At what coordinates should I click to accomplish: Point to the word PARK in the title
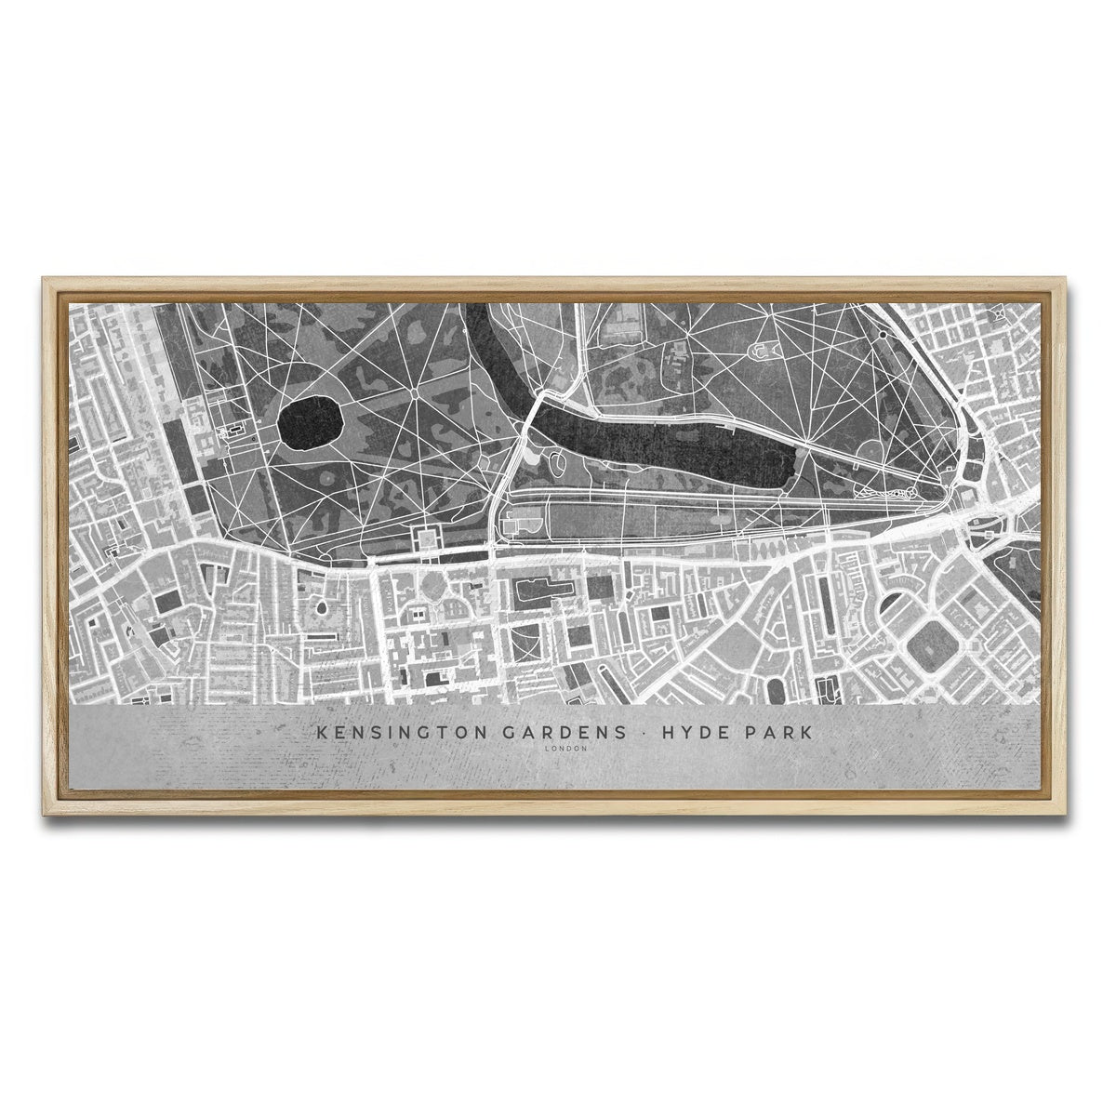[779, 733]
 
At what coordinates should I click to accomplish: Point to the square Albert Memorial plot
[430, 537]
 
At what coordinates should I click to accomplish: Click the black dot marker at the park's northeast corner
[882, 336]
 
